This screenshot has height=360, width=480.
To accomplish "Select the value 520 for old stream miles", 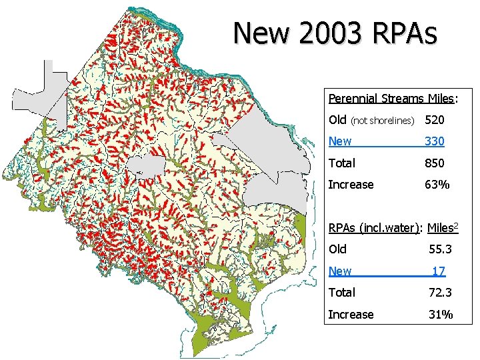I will [435, 120].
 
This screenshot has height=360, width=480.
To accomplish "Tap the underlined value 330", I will [435, 141].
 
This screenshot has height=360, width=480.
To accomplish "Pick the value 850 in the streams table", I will [435, 163].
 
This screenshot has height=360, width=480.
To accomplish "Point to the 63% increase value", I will [437, 184].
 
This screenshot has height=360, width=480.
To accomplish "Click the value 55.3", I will [439, 249].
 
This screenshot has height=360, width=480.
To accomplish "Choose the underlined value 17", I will [439, 271].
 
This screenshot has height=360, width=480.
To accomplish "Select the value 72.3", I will [439, 292].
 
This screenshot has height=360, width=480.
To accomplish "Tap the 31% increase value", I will [440, 314].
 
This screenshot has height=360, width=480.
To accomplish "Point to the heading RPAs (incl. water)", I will [374, 227].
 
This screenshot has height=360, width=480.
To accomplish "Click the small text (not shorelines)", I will [383, 121].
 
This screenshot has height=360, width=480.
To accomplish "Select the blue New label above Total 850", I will [340, 141].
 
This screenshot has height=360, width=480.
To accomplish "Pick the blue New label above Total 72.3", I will [340, 271].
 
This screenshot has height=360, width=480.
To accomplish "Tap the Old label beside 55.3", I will [337, 249].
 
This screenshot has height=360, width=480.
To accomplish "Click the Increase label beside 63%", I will [351, 184].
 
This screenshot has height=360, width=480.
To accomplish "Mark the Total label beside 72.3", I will [342, 292].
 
